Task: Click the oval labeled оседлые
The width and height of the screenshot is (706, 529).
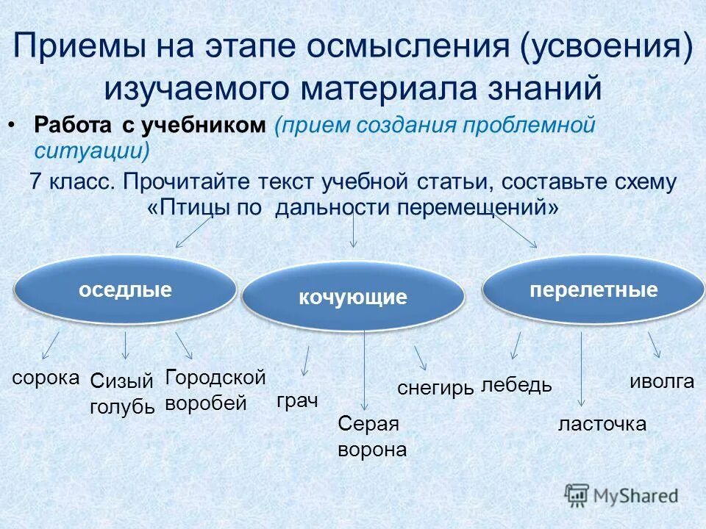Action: [x=125, y=290]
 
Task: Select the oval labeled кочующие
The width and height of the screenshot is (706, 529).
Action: [x=353, y=298]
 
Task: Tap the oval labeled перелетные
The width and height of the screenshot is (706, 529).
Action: [x=593, y=289]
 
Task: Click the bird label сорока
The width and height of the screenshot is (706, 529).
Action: [x=46, y=378]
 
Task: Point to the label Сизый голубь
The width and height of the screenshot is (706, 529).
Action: [x=122, y=393]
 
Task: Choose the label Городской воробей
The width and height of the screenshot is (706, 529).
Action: [x=215, y=390]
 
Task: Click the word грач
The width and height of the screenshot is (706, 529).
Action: [x=297, y=401]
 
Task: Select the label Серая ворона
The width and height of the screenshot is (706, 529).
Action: [x=371, y=436]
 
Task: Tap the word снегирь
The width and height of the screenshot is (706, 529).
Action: [x=435, y=388]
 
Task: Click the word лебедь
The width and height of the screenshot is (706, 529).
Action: [x=516, y=385]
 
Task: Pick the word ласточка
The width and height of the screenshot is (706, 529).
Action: [x=602, y=424]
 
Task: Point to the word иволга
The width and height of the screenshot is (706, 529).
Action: [x=662, y=381]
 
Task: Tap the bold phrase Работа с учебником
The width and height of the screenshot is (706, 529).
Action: [x=149, y=125]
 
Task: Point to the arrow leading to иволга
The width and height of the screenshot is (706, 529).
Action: [x=654, y=345]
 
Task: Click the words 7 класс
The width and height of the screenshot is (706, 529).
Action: [x=72, y=181]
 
